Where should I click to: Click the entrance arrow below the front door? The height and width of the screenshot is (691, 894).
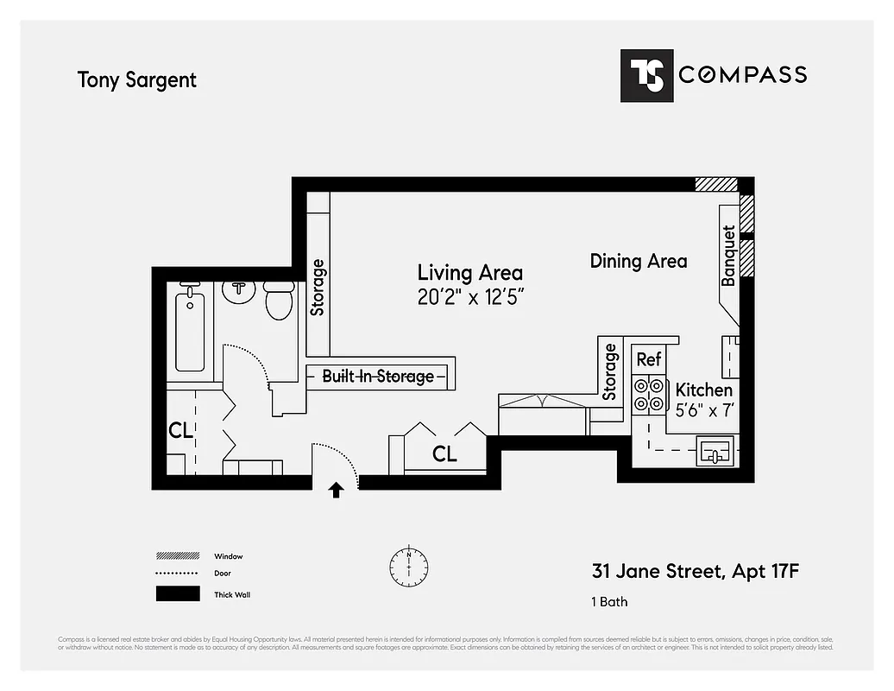[x=336, y=491]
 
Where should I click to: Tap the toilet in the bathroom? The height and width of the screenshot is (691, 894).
[x=279, y=301]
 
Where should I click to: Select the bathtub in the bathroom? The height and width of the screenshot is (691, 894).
[x=190, y=331]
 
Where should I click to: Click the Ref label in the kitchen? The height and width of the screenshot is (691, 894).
[x=648, y=359]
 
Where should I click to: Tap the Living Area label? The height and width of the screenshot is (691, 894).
[x=469, y=273]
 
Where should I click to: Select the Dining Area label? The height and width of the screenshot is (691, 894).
[x=639, y=261]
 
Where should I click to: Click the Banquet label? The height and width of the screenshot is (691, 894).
[x=728, y=256]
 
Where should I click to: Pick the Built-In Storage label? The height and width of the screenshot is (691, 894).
[x=378, y=377]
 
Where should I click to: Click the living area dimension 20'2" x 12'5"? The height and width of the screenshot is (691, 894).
[x=471, y=296]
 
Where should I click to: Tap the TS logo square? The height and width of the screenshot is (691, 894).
[x=645, y=75]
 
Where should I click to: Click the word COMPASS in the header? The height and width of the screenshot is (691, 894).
[x=742, y=75]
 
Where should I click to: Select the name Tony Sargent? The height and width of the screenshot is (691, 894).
[x=137, y=80]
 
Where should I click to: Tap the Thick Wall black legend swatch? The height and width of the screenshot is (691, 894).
[x=178, y=594]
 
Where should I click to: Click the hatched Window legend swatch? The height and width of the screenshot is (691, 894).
[x=178, y=556]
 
